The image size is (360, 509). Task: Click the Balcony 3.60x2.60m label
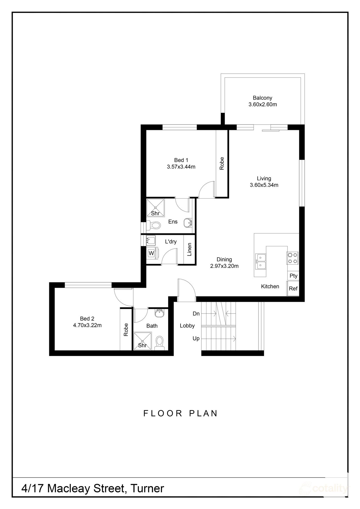262,101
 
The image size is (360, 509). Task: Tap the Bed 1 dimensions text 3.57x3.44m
181,167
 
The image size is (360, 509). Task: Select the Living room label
264,178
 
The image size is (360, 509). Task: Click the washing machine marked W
151,253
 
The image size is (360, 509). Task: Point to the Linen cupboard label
189,249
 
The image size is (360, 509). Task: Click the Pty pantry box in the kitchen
293,276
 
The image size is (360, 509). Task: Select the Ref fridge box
293,289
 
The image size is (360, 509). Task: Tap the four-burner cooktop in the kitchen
292,258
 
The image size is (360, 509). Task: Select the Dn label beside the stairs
196,314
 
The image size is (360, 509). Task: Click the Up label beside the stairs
196,339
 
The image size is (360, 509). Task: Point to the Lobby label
187,326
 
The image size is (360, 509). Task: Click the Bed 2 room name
87,319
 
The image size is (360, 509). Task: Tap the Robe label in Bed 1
222,163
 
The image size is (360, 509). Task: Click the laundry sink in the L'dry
151,241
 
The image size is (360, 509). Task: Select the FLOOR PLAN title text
181,413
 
